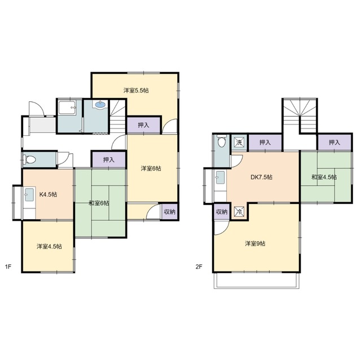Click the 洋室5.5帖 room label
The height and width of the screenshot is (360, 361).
click(136, 90)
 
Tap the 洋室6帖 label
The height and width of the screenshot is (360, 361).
click(151, 168)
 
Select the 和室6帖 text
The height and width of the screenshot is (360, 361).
click(99, 203)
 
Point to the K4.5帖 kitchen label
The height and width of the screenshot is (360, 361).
click(48, 194)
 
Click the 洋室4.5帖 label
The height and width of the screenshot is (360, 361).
click(49, 246)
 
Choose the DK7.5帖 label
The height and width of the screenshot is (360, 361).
click(262, 177)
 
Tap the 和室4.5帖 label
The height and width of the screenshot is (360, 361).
click(324, 177)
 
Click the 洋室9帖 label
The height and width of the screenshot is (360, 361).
click(255, 243)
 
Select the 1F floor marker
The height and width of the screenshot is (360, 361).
click(8, 266)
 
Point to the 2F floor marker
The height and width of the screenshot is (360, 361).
click(199, 266)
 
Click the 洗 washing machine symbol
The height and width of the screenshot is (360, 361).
click(239, 143)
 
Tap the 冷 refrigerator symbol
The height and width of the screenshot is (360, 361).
click(239, 212)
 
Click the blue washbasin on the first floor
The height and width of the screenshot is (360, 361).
click(100, 105)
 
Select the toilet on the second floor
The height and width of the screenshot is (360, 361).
click(222, 141)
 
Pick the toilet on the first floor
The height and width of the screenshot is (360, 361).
click(30, 159)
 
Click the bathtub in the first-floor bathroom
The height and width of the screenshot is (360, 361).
click(68, 108)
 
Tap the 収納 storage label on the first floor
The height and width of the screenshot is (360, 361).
click(170, 212)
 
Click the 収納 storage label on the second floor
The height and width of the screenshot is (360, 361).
click(222, 212)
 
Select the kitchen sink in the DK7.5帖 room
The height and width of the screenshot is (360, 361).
click(220, 177)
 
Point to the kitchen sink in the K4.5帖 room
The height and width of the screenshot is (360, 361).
click(29, 194)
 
